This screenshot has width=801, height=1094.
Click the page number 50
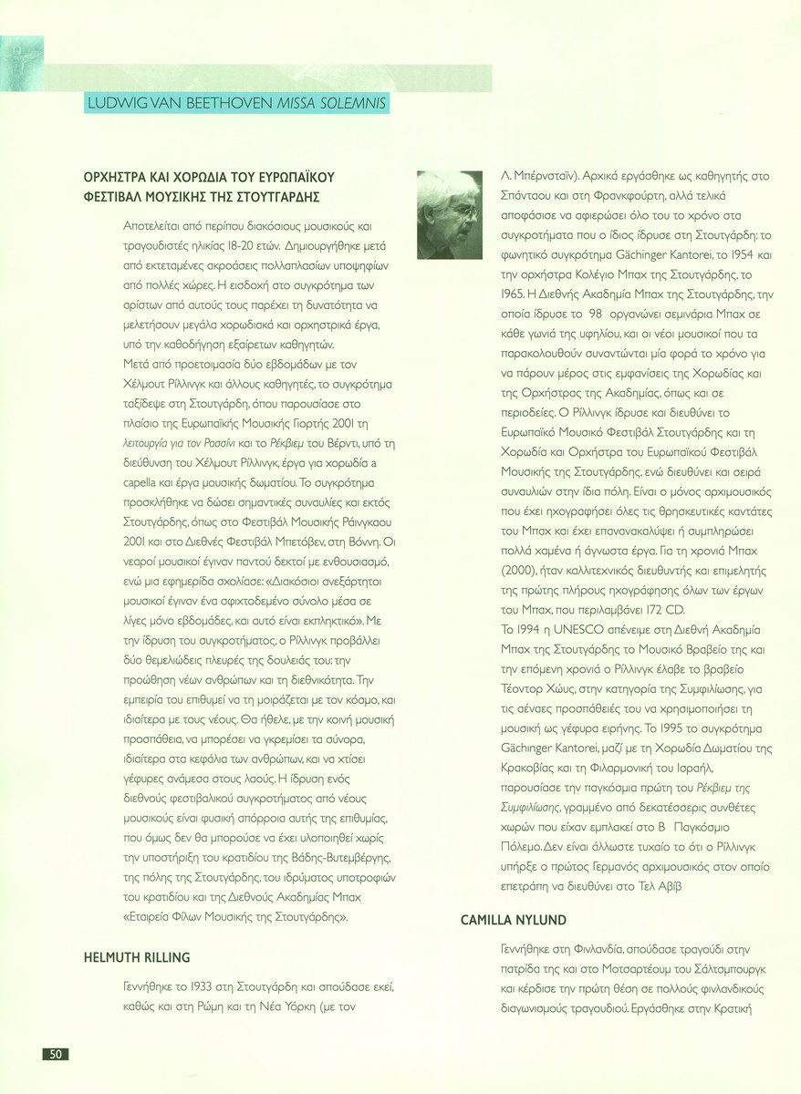(x=56, y=1054)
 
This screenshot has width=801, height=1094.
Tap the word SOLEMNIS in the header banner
(x=350, y=103)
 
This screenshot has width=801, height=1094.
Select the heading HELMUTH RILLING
(x=137, y=956)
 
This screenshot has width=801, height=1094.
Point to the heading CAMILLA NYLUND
(x=514, y=920)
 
